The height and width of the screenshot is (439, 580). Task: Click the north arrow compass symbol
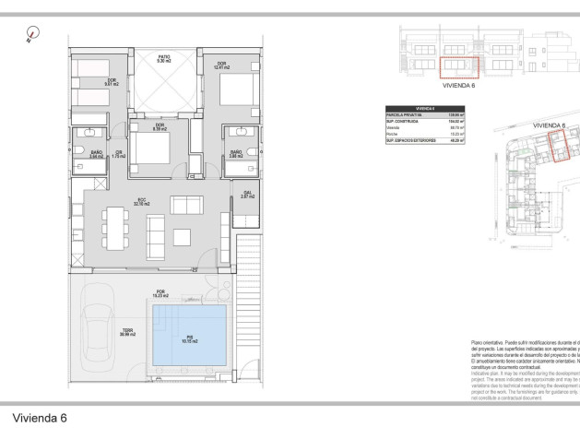(x=34, y=34)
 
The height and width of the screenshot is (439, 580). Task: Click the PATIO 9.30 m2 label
(x=163, y=59)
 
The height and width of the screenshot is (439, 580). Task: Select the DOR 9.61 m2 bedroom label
(x=111, y=83)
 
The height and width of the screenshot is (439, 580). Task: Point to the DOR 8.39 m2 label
(x=159, y=127)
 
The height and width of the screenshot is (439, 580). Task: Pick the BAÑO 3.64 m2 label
(x=95, y=155)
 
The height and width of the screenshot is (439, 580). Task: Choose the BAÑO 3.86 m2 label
(x=236, y=154)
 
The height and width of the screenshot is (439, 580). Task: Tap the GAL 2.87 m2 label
(x=247, y=196)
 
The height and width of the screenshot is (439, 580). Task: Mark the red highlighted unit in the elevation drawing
(x=457, y=67)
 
